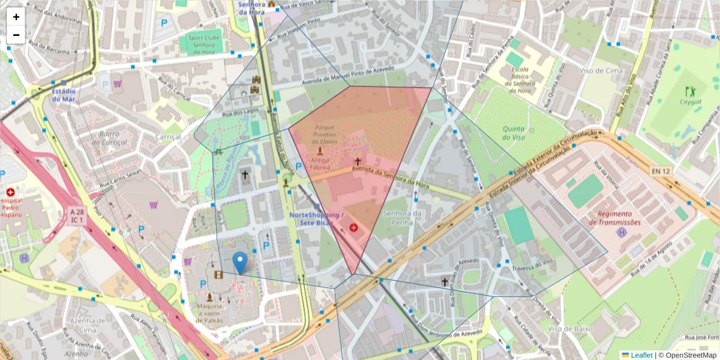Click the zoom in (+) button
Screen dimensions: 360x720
pos(16,17)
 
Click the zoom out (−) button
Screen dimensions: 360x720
pos(16,35)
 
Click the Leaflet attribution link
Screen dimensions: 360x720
pos(641,355)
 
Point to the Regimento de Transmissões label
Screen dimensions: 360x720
pos(619,218)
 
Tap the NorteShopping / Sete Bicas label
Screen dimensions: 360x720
pos(316,218)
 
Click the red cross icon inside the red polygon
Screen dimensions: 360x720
pos(353,228)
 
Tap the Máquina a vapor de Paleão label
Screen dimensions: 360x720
pos(209,314)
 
